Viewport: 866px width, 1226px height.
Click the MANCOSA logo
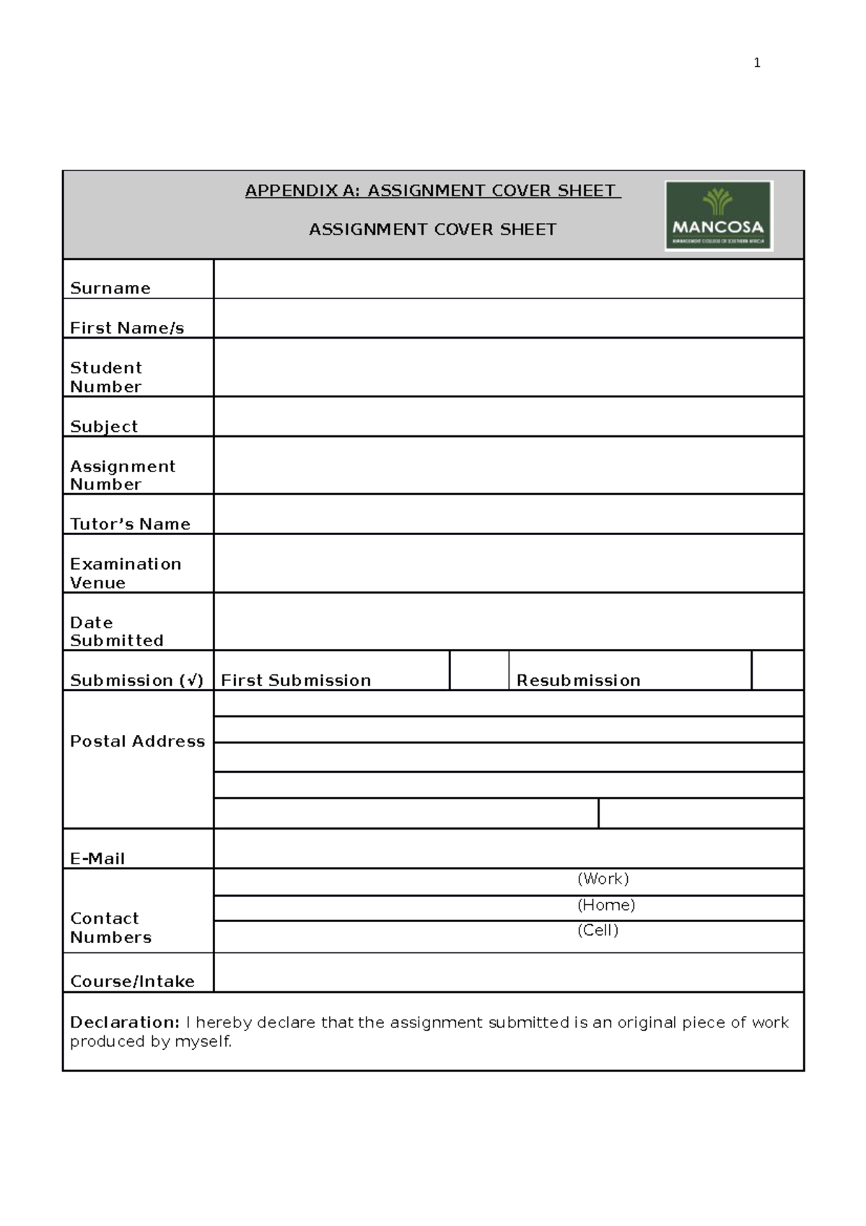[719, 216]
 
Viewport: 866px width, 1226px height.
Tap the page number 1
[756, 63]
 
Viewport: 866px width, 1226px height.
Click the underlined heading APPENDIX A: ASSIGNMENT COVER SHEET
[432, 191]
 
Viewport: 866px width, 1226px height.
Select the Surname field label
[110, 288]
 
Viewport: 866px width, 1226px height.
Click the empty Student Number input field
[508, 367]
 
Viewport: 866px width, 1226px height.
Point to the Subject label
[104, 426]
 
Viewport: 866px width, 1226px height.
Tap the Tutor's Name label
[130, 523]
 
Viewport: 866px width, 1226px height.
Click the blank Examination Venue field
[508, 563]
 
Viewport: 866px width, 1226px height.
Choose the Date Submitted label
[116, 631]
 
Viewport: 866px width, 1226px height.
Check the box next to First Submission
[479, 670]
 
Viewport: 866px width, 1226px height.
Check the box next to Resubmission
[777, 670]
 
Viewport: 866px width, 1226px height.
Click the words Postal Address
[137, 741]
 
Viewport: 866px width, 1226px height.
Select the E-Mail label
[97, 858]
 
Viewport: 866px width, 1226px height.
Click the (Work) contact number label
[603, 879]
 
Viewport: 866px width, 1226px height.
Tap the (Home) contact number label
[606, 905]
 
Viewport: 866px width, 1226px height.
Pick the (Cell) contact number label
[598, 930]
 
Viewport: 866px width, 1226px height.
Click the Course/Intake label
[132, 981]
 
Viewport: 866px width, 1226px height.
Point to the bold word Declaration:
[124, 1022]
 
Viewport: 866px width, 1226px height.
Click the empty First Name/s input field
[508, 318]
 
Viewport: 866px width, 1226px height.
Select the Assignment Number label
[122, 475]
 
